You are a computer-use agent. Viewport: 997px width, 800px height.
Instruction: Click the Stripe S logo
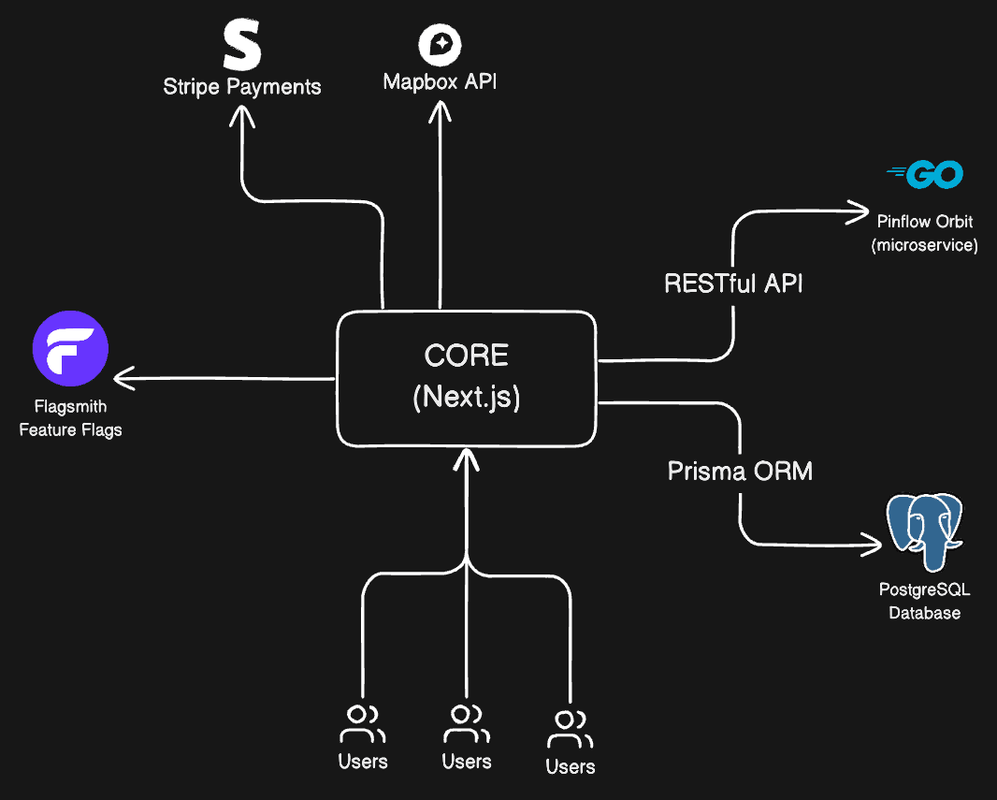[241, 47]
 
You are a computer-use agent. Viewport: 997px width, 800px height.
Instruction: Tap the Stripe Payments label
[242, 87]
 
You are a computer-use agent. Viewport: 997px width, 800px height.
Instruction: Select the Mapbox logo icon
[440, 45]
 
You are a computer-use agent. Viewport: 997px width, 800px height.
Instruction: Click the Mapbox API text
[440, 81]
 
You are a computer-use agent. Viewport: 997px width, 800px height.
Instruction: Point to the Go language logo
[924, 174]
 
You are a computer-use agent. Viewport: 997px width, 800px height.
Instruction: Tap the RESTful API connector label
[733, 283]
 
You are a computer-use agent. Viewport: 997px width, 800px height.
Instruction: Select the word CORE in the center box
[466, 356]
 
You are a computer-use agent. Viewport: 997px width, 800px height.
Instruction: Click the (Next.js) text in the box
[466, 398]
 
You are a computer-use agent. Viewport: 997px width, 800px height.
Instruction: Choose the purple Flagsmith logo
[70, 348]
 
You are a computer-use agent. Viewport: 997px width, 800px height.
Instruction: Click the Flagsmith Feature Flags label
[70, 418]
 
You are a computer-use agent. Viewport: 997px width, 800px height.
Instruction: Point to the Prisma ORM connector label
[740, 471]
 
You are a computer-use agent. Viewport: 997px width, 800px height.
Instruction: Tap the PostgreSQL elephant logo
[923, 532]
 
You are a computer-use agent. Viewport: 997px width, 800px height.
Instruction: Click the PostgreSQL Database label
[924, 602]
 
